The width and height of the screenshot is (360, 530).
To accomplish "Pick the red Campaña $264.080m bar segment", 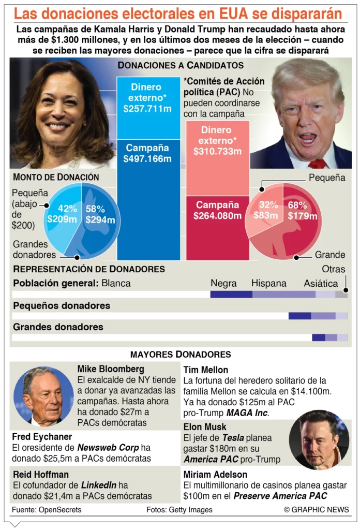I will [x=217, y=228].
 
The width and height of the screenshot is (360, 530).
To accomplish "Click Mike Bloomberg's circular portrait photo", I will [x=43, y=396].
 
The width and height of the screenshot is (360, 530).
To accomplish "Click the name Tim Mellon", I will [x=205, y=370].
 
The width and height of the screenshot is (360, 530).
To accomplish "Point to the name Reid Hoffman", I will [x=41, y=475].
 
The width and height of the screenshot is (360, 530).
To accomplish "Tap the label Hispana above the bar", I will [x=268, y=284].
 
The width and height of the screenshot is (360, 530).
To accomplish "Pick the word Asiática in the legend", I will [x=321, y=284].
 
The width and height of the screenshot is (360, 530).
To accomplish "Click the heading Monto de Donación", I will [x=56, y=177].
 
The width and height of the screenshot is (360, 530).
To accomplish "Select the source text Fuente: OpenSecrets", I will [x=47, y=510].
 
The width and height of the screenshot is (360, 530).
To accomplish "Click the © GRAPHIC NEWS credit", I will [x=316, y=510].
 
